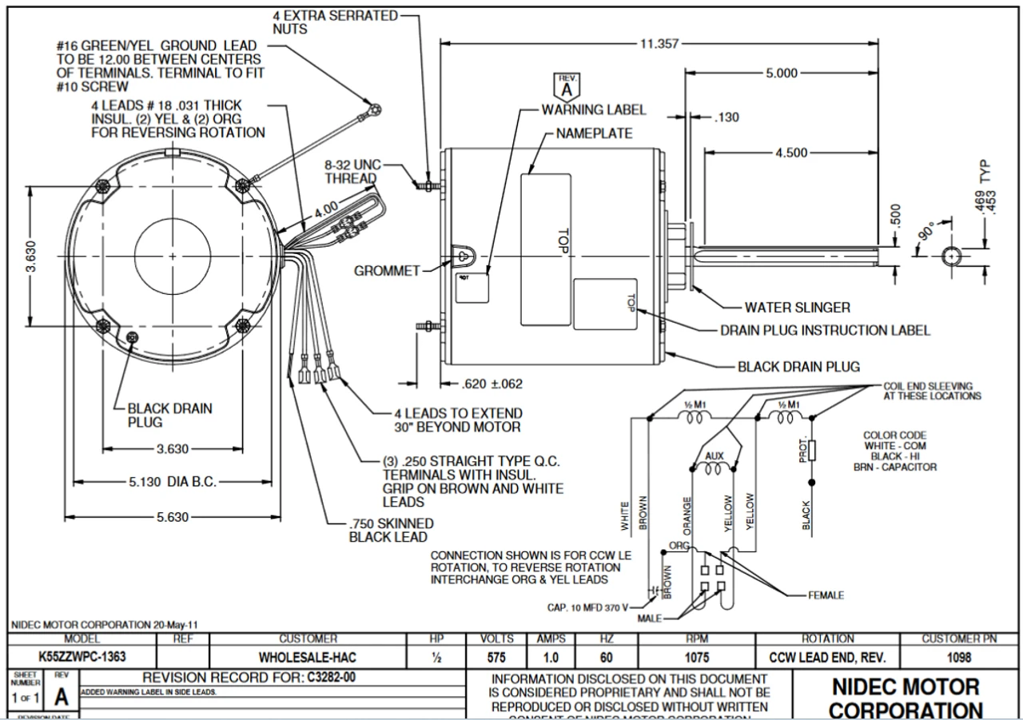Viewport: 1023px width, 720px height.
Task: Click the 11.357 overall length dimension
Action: click(659, 44)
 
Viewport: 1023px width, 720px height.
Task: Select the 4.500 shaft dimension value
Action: click(791, 153)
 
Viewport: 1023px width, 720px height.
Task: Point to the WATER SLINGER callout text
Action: click(797, 307)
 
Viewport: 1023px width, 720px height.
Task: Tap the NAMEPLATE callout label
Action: click(594, 133)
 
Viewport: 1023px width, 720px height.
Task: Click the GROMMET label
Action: click(387, 271)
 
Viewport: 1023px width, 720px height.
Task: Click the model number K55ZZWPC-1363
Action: click(82, 658)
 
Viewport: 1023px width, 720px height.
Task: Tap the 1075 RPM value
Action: click(697, 658)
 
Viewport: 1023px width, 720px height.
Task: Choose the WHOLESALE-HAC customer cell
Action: click(308, 658)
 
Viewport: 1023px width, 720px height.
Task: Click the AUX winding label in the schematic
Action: click(715, 456)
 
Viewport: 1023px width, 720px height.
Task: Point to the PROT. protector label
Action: click(802, 451)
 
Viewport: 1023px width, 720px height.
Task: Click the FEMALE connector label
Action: click(826, 595)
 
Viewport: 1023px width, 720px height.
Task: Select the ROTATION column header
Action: click(827, 639)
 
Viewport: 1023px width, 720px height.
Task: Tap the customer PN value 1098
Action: click(958, 658)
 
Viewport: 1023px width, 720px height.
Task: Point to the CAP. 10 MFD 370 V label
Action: click(588, 607)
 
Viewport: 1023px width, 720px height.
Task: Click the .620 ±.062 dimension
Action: click(492, 384)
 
